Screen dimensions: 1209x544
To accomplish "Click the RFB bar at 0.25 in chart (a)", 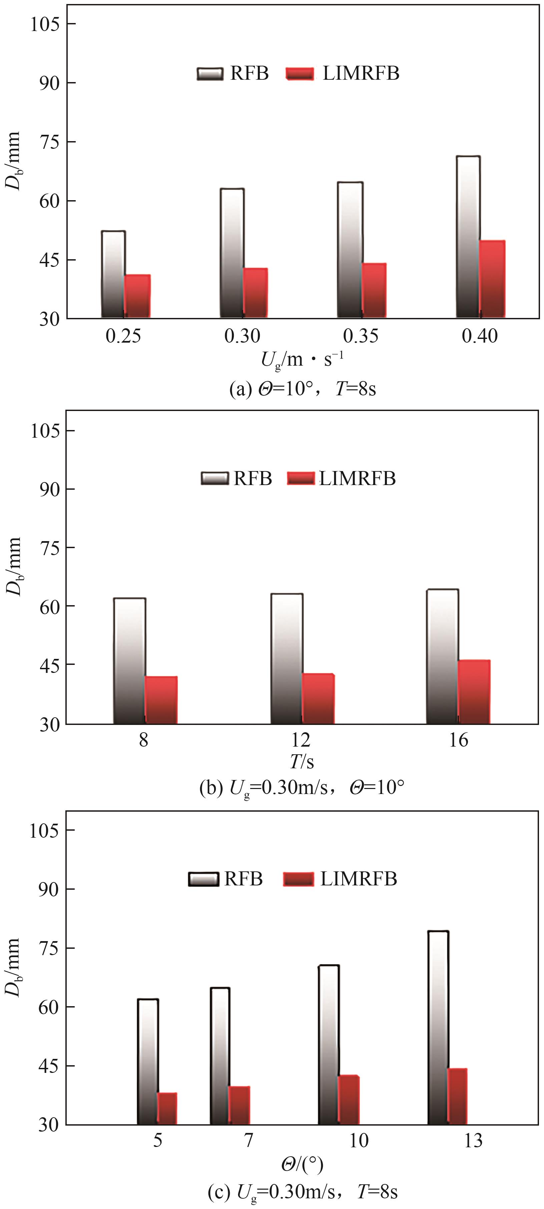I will (113, 275).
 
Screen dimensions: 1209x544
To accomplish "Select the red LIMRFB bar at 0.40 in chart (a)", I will (492, 279).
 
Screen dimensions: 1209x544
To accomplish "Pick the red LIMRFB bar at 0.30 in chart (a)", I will (256, 293).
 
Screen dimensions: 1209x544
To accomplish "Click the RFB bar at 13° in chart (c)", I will (438, 1028).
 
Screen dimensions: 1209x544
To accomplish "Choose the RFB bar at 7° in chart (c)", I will (220, 1056).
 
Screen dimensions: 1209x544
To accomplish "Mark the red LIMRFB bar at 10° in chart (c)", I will (349, 1100).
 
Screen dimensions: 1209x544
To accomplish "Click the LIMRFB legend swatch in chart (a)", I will (300, 74).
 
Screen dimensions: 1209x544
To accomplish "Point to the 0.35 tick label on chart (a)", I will (361, 336).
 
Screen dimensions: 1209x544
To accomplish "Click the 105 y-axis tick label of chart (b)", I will (46, 430).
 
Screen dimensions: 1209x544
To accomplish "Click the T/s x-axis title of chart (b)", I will (301, 761).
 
